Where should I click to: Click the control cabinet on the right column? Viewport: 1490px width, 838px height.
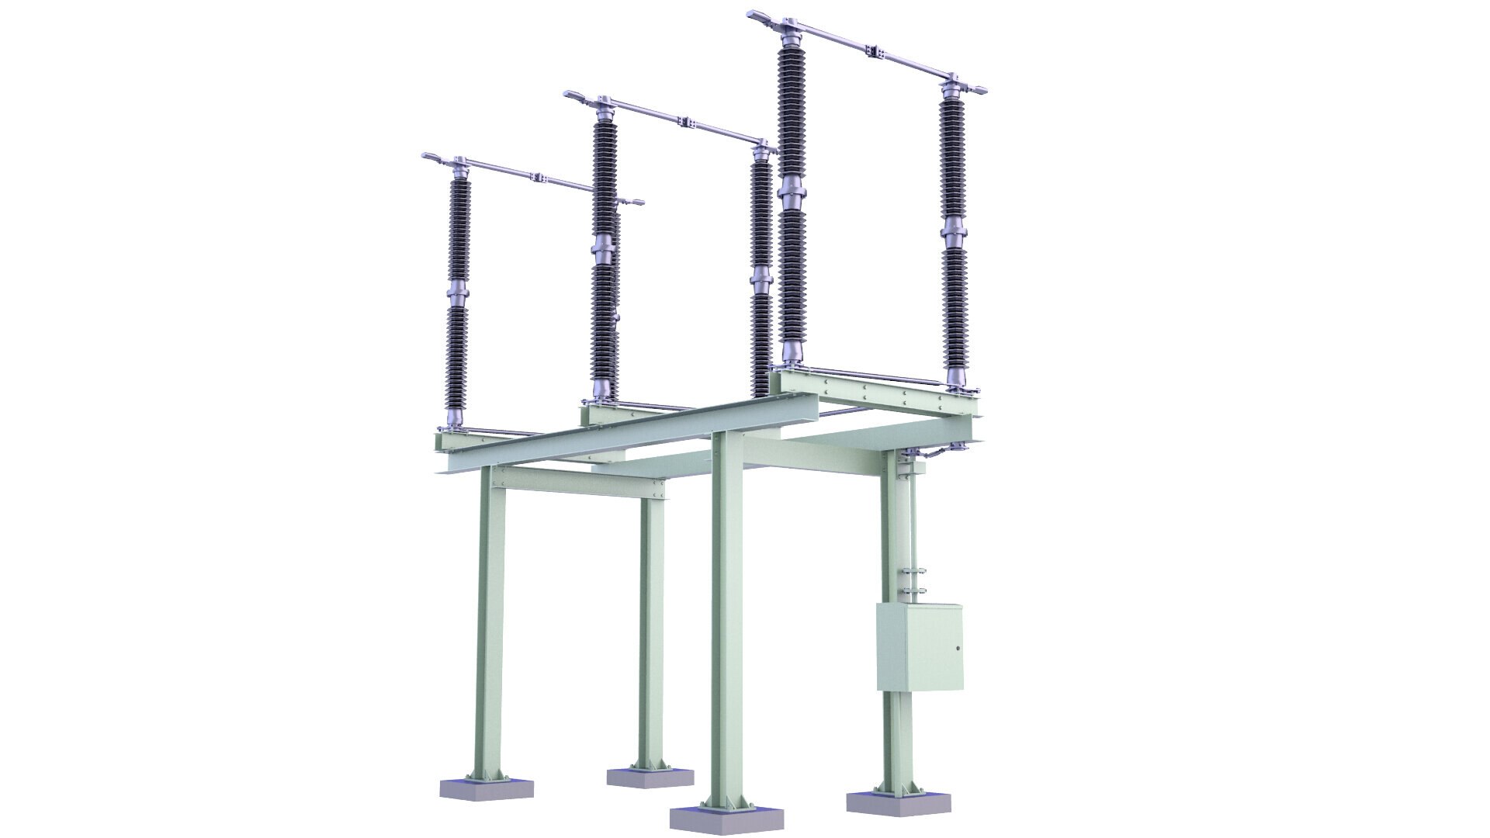point(920,646)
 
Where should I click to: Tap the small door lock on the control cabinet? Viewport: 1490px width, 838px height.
point(957,647)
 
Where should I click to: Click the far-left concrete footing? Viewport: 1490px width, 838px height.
point(487,788)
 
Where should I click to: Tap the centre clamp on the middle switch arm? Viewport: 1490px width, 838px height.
point(685,121)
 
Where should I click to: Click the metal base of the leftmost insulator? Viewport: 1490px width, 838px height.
point(454,420)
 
